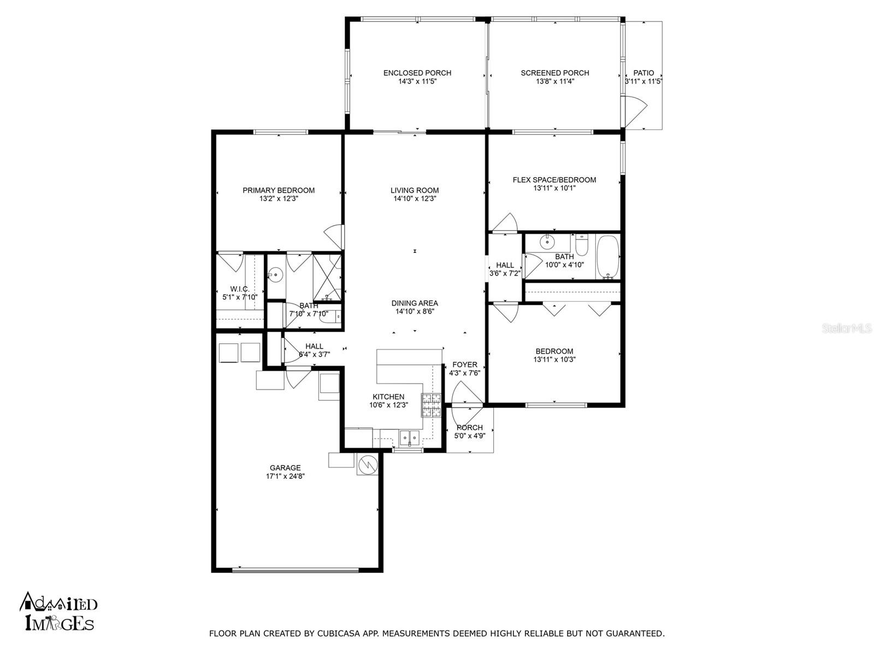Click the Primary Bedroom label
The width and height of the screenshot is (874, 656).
pyautogui.click(x=279, y=190)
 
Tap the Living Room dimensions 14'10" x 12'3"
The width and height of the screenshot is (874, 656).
pyautogui.click(x=415, y=199)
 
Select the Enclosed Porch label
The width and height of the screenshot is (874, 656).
pyautogui.click(x=417, y=73)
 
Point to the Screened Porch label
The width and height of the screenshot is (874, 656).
pyautogui.click(x=555, y=73)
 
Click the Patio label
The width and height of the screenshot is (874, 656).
pyautogui.click(x=643, y=73)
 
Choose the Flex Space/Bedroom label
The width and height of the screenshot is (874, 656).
pyautogui.click(x=554, y=180)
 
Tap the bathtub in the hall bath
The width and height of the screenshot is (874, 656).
pyautogui.click(x=607, y=257)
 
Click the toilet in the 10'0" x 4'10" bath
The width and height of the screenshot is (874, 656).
pyautogui.click(x=581, y=245)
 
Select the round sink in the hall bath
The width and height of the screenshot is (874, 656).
pyautogui.click(x=547, y=241)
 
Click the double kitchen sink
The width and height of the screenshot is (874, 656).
pyautogui.click(x=409, y=436)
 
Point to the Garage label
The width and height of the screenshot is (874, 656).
pyautogui.click(x=285, y=468)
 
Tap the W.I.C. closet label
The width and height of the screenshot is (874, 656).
pyautogui.click(x=240, y=289)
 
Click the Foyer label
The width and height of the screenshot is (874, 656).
pyautogui.click(x=464, y=365)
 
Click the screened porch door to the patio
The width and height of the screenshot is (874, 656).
pyautogui.click(x=635, y=112)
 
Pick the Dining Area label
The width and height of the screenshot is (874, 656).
pyautogui.click(x=415, y=303)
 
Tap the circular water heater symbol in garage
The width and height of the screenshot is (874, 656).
pyautogui.click(x=368, y=465)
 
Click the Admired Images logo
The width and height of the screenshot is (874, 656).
pyautogui.click(x=59, y=611)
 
